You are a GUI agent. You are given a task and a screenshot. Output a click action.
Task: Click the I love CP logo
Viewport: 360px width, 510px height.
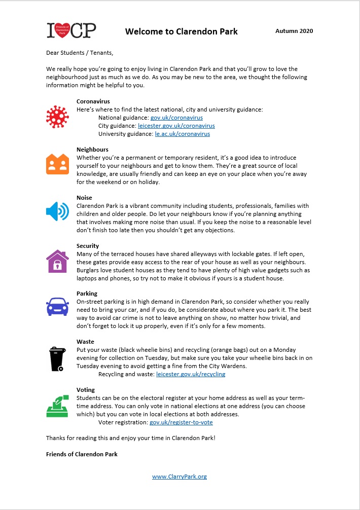click(x=71, y=31)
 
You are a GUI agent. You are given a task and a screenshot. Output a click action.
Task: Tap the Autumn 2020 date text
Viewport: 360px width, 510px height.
click(x=294, y=31)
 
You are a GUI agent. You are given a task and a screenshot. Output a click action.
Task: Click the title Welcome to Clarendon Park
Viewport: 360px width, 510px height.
click(x=181, y=31)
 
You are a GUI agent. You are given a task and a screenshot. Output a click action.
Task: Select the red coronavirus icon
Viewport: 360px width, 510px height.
click(x=57, y=117)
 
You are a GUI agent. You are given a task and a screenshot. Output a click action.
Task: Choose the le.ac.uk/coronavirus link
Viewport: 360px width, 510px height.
click(x=182, y=134)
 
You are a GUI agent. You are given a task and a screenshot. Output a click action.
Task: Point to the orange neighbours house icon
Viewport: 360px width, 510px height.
click(x=57, y=163)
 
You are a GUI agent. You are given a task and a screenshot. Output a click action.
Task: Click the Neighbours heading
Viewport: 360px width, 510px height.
click(x=92, y=150)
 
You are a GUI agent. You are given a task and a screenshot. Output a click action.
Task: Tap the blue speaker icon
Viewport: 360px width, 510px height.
click(x=57, y=211)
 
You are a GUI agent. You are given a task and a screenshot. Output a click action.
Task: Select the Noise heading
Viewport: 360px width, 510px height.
click(x=84, y=198)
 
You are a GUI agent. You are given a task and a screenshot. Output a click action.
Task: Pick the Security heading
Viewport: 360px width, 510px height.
click(x=88, y=246)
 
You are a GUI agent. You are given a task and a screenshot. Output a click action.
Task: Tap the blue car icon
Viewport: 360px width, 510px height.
click(x=57, y=306)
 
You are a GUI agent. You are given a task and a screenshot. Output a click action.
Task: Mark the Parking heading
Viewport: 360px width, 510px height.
click(x=87, y=294)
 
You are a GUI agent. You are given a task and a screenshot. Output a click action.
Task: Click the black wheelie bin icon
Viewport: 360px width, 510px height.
click(x=57, y=358)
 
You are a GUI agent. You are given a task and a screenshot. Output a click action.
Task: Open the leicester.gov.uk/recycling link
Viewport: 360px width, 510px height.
click(x=191, y=374)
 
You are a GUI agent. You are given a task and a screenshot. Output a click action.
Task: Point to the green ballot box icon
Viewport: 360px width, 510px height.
click(x=57, y=406)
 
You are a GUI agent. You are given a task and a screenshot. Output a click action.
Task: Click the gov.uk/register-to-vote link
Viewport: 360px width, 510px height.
click(x=181, y=422)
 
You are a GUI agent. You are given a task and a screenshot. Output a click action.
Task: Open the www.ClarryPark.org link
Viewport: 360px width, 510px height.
click(x=179, y=477)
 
